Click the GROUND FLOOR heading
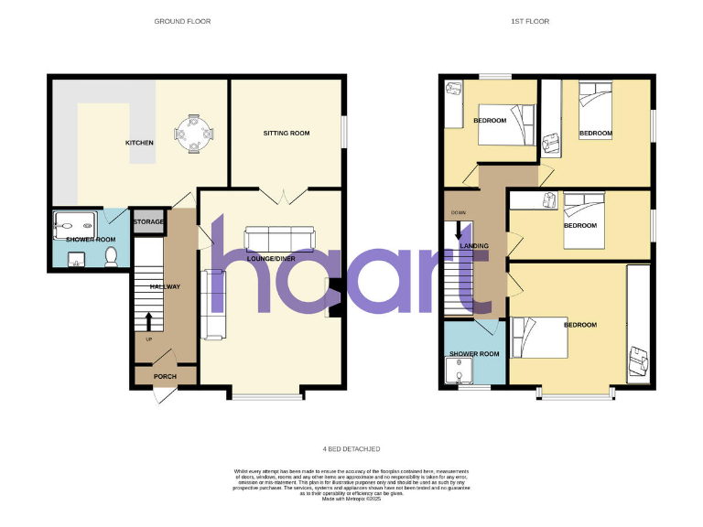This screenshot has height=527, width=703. [x=183, y=20]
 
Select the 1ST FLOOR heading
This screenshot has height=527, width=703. [x=531, y=20]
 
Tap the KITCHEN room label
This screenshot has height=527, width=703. [x=139, y=143]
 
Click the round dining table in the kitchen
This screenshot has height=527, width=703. [x=194, y=134]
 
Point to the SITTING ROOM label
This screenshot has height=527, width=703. [x=287, y=134]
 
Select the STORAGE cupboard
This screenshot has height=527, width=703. [x=148, y=222]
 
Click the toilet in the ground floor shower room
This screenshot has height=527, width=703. [x=112, y=257]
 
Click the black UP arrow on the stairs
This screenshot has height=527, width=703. [x=147, y=320]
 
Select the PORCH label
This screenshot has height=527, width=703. [x=165, y=376]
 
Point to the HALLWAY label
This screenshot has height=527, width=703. [x=165, y=286]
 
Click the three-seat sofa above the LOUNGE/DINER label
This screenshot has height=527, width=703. [x=279, y=240]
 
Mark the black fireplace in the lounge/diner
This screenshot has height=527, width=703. [x=336, y=297]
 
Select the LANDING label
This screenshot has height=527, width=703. [x=474, y=246]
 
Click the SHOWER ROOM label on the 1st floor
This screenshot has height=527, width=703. [x=473, y=354]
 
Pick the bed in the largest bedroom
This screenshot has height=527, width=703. [x=540, y=336]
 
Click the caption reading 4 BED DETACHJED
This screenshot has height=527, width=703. [x=351, y=448]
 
